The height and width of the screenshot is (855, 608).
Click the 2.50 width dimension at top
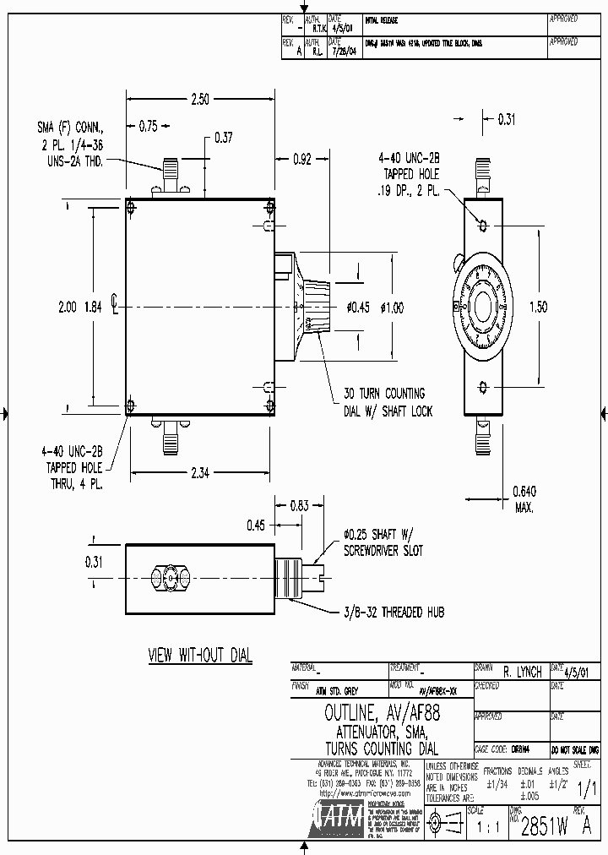(x=199, y=100)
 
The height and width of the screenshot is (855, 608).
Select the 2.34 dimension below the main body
(x=199, y=473)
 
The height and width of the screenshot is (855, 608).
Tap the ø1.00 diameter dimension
(x=392, y=308)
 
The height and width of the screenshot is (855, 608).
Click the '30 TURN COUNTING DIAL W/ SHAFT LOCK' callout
(x=388, y=402)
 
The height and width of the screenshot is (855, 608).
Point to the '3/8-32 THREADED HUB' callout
(x=393, y=612)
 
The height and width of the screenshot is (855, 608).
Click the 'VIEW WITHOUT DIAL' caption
(x=199, y=656)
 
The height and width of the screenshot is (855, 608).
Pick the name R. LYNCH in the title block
(x=522, y=673)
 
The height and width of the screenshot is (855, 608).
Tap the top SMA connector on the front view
(x=171, y=174)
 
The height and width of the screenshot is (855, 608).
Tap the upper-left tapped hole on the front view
(x=130, y=206)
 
